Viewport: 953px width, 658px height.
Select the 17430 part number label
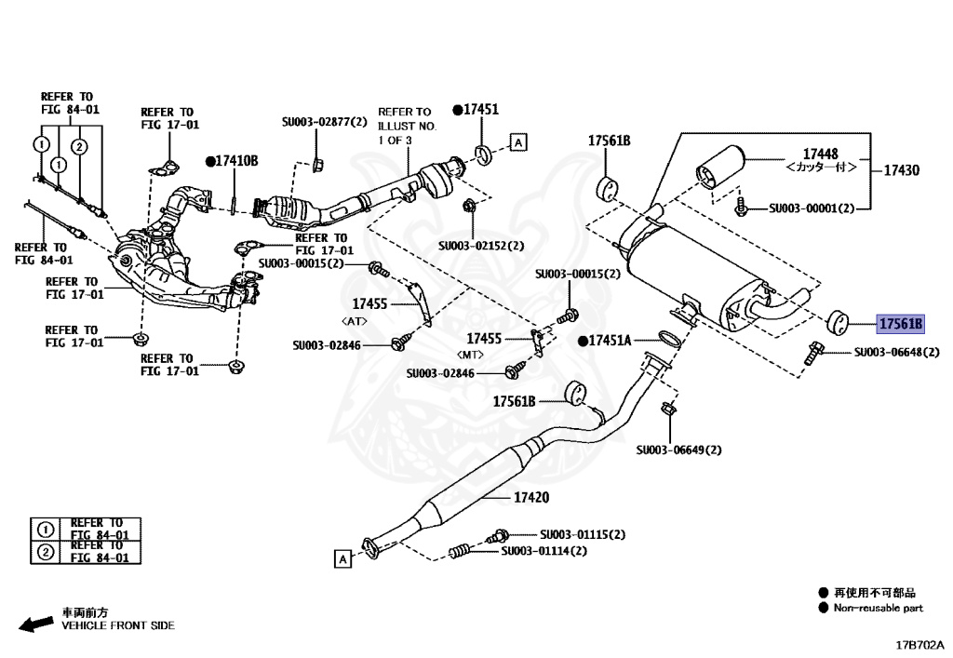click(x=901, y=170)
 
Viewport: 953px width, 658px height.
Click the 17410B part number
click(x=236, y=161)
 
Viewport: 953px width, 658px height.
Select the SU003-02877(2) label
click(x=325, y=121)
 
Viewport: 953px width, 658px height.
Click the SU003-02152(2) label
click(x=481, y=246)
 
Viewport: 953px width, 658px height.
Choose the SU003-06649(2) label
click(x=679, y=450)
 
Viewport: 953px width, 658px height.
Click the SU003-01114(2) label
click(x=544, y=551)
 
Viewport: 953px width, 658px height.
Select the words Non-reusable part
click(x=879, y=608)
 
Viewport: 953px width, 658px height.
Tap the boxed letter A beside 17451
click(x=518, y=142)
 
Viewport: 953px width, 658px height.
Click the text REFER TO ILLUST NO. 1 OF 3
click(x=407, y=126)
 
